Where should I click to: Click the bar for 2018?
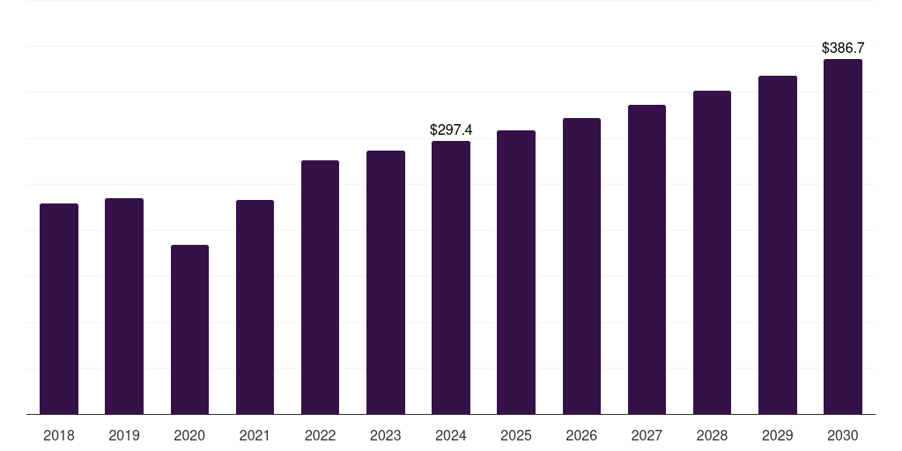[x=59, y=308]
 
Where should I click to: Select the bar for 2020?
[x=189, y=329]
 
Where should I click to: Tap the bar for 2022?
[x=320, y=287]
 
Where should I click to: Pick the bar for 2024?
[x=451, y=277]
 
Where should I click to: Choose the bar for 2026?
[x=581, y=266]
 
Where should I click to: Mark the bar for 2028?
[x=712, y=252]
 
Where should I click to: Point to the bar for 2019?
[x=124, y=306]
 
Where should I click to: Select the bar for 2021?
[x=255, y=307]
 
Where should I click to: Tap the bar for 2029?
[x=777, y=245]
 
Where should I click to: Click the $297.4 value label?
[x=451, y=129]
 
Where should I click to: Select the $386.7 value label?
[x=842, y=48]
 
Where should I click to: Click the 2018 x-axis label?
[x=59, y=435]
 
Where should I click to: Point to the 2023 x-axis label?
[x=385, y=435]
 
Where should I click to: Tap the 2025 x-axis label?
[x=516, y=435]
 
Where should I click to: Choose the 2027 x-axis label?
[x=647, y=435]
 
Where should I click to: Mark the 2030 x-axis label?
[x=842, y=435]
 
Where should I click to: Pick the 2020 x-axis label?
[x=189, y=435]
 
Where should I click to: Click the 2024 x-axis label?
[x=451, y=435]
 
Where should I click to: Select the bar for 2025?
[x=516, y=272]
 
